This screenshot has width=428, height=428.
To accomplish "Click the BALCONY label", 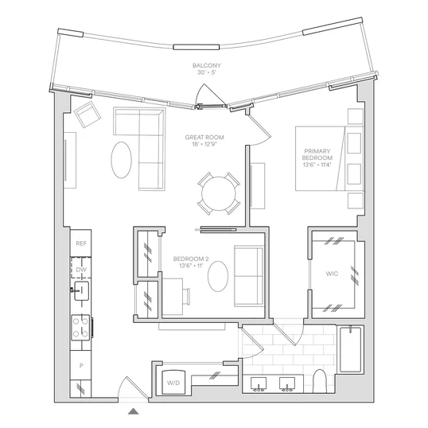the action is [x=207, y=65].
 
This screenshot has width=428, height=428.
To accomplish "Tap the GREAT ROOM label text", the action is [x=204, y=138].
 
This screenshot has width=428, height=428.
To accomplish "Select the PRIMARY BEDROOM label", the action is [x=317, y=154].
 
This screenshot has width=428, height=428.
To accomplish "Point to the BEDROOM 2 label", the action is [x=191, y=259].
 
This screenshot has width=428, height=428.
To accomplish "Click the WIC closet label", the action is [x=332, y=274].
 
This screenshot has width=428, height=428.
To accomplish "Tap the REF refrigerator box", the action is [x=81, y=243].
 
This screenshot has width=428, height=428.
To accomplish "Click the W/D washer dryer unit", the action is [x=174, y=382].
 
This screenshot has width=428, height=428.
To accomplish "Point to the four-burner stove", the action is [x=81, y=327].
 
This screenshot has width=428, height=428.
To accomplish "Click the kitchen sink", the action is [x=81, y=290].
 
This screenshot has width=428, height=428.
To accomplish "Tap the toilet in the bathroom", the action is [x=320, y=381].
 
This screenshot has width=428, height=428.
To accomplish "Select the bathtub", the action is [x=351, y=349].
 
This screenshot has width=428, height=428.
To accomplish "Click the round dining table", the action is [x=219, y=193].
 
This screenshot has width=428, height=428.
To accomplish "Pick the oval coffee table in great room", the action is [x=122, y=160].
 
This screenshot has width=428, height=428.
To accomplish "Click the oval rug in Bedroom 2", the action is [x=218, y=277].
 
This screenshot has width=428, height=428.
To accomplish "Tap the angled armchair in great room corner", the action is [x=88, y=114].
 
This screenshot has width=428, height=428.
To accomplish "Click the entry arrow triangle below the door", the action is [x=133, y=411].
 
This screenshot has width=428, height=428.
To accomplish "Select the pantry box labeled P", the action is [x=81, y=365].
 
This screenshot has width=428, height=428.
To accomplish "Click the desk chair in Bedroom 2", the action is [x=187, y=296].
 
